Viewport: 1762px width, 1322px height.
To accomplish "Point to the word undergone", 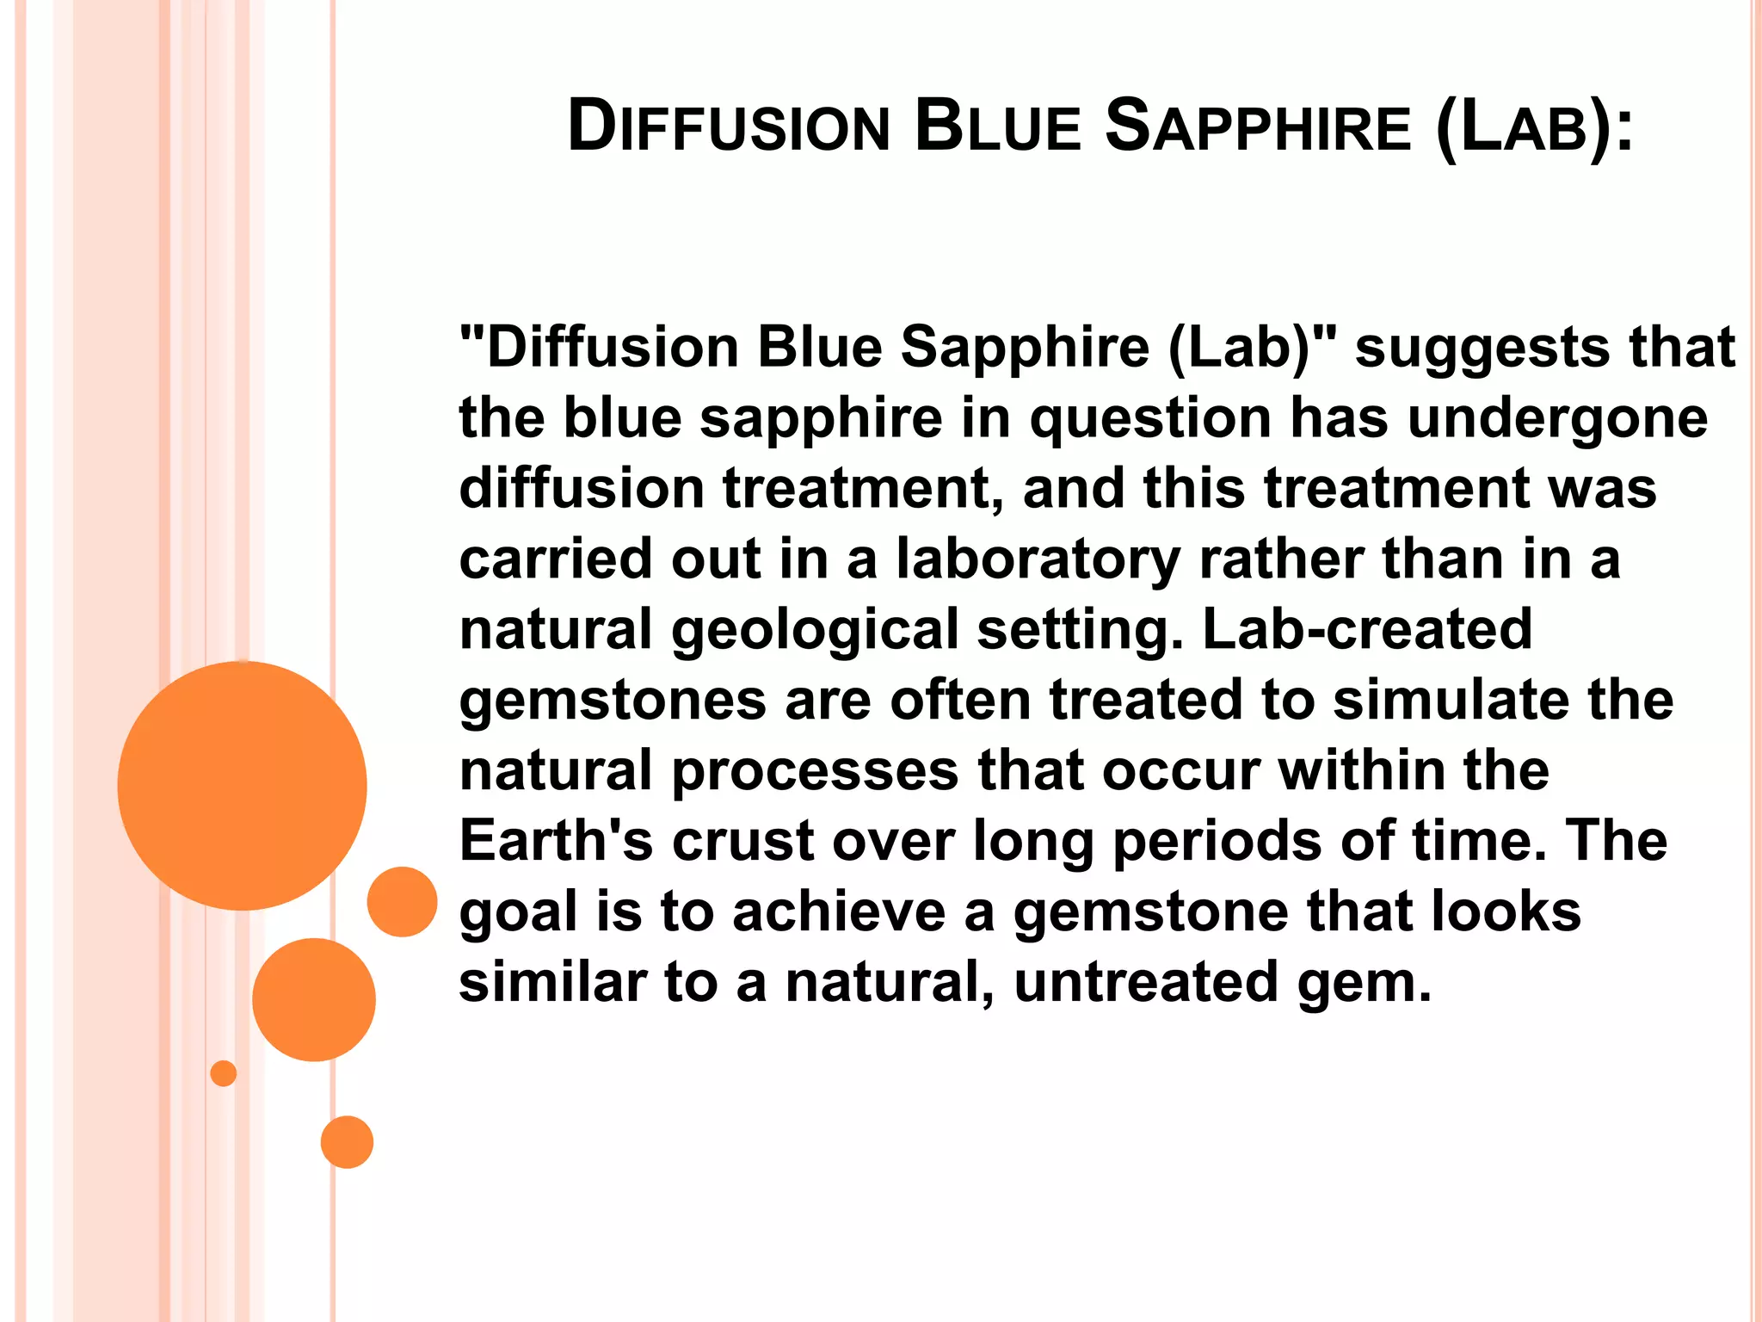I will point(1558,420).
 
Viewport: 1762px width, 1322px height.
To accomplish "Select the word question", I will point(1151,420).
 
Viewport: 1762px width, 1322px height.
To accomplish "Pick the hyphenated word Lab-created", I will point(1367,629).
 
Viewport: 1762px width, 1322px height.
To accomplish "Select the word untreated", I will point(1146,982).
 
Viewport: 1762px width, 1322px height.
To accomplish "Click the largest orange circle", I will point(242,786).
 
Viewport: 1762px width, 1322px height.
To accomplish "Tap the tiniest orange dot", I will point(224,1073).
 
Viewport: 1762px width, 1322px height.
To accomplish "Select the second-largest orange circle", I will point(314,999).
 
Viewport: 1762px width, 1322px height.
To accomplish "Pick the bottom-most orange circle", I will point(347,1142).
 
